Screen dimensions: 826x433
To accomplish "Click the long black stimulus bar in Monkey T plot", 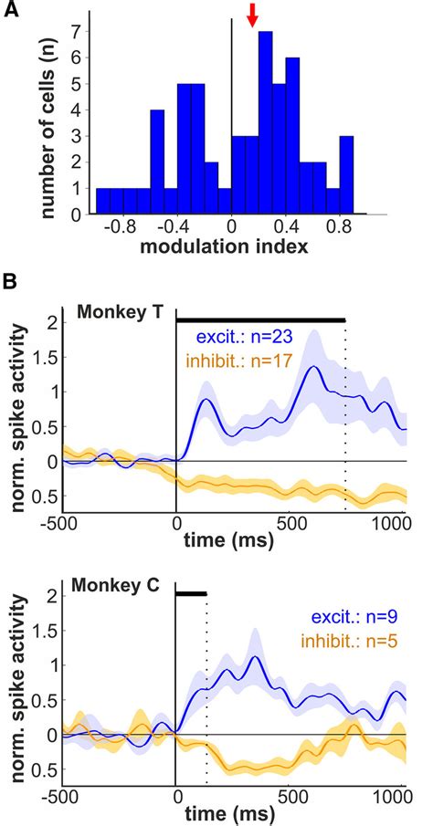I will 260,320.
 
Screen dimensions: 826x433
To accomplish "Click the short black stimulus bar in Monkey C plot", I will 191,593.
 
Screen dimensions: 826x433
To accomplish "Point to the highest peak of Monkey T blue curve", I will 313,367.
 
